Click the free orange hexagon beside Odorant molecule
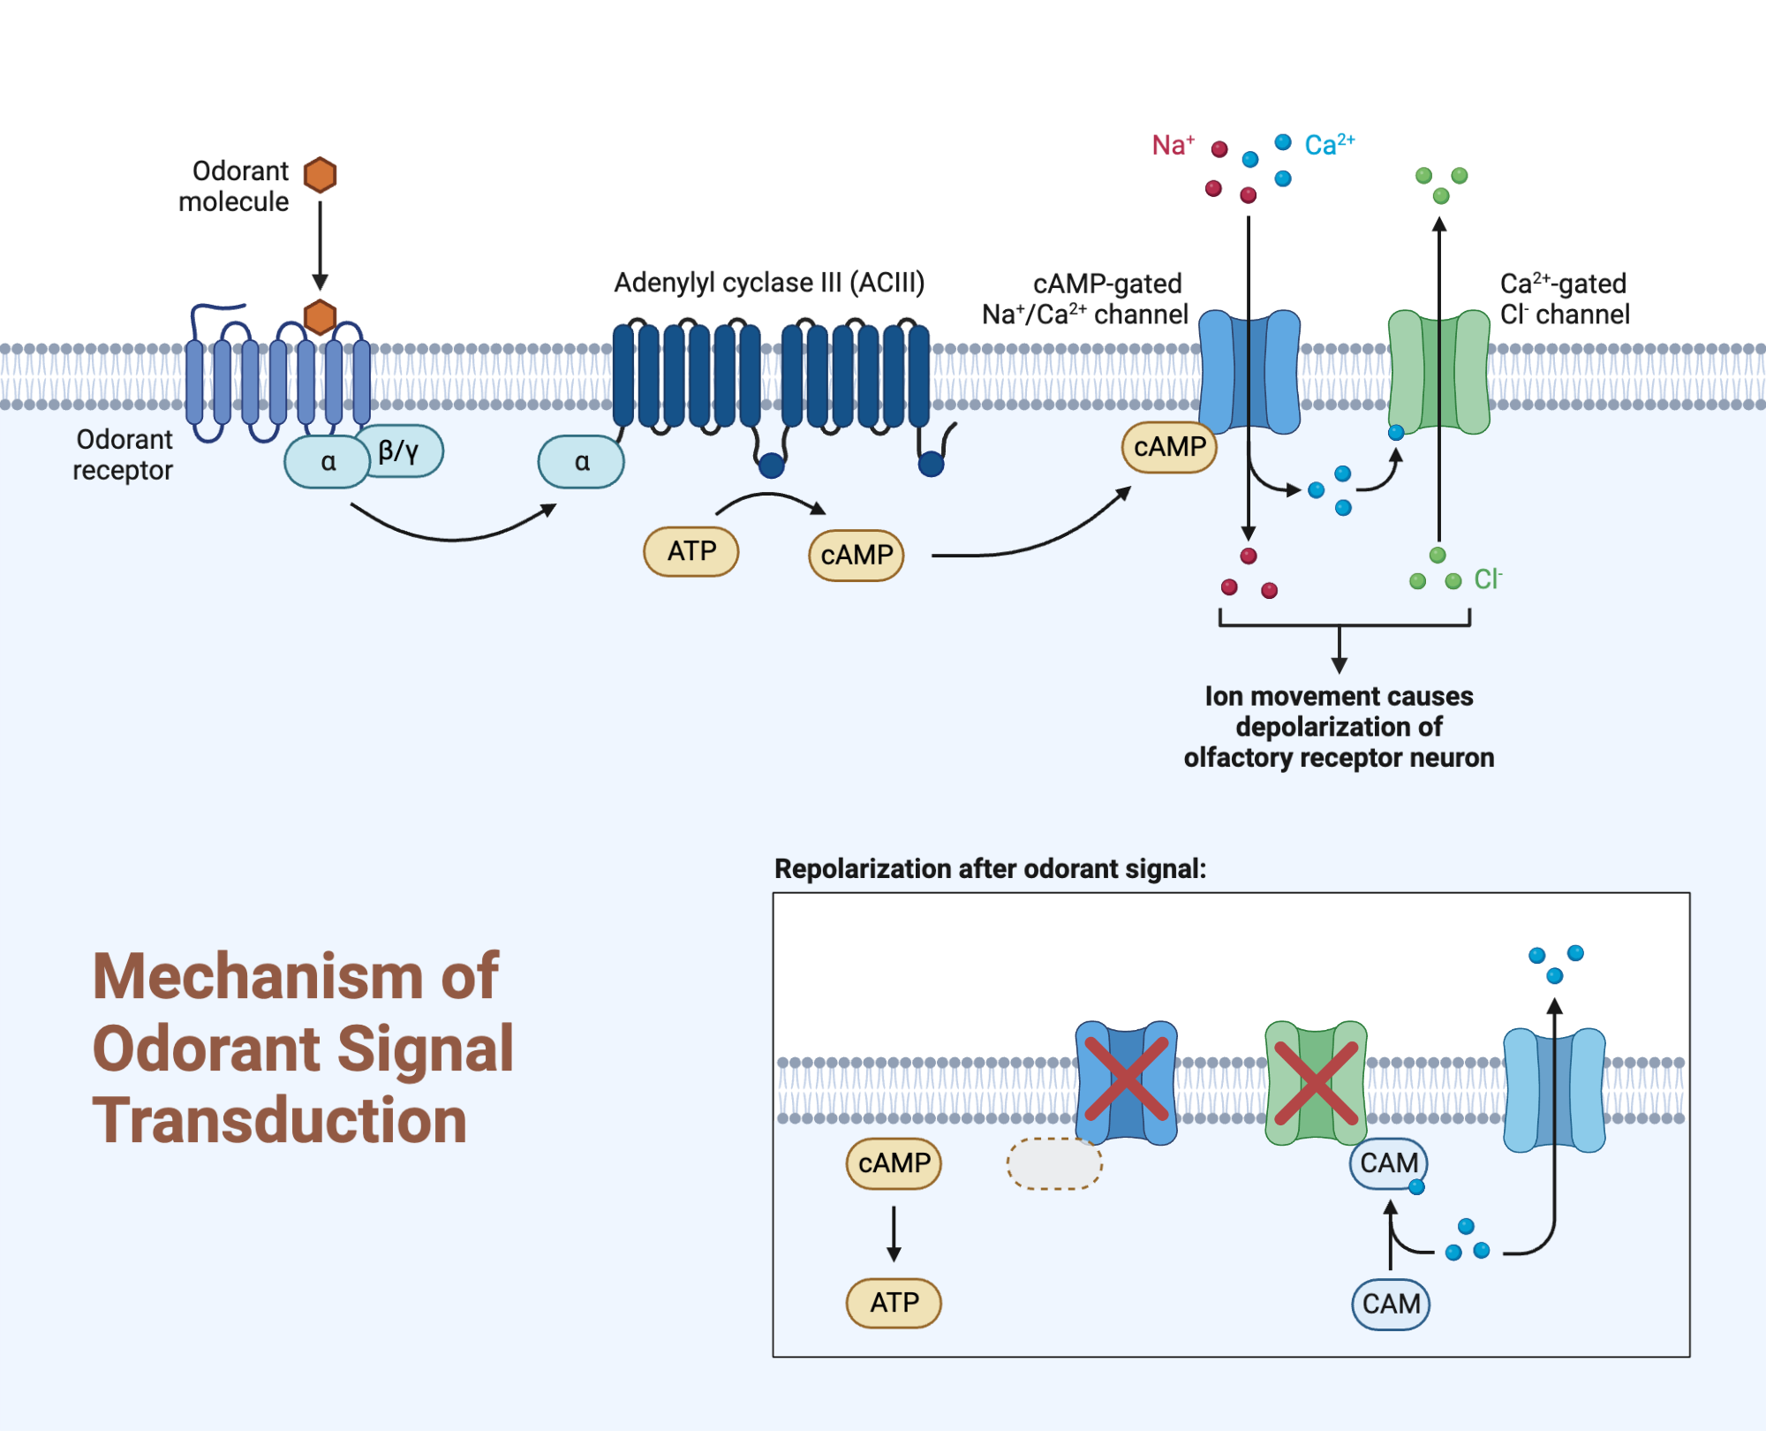(320, 174)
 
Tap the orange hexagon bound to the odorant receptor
(320, 316)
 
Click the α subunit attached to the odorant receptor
(327, 462)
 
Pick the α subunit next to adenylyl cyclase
(581, 462)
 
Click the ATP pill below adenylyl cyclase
(691, 551)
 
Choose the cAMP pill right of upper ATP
(857, 555)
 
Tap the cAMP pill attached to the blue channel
(1169, 447)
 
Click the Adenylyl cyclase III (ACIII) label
(769, 283)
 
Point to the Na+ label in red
(1173, 145)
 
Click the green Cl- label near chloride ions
(1487, 579)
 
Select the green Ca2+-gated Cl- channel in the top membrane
(1438, 371)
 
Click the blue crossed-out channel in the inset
(1126, 1083)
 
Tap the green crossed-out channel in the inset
(1316, 1083)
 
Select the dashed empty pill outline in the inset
(1054, 1163)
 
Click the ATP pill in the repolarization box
(894, 1303)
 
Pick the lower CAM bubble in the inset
(1391, 1304)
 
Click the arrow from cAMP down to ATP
(894, 1233)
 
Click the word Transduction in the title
(279, 1120)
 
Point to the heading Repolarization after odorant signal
(990, 869)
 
